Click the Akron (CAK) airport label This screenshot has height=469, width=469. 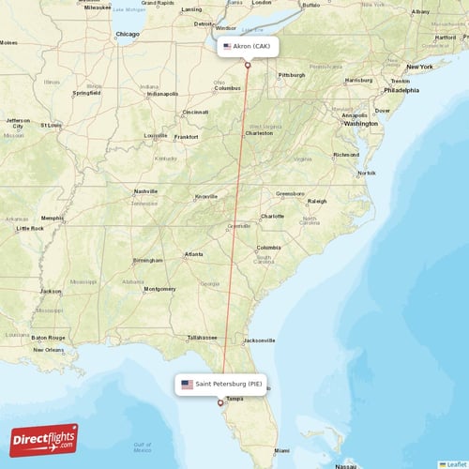[248, 45]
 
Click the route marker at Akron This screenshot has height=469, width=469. [248, 65]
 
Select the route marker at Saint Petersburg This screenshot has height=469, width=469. [220, 403]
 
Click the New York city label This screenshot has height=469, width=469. [419, 67]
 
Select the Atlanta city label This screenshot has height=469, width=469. [194, 253]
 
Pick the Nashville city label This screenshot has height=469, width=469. [145, 190]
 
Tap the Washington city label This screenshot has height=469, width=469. [360, 123]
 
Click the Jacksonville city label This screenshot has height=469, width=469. [260, 340]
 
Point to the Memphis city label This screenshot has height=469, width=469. [52, 218]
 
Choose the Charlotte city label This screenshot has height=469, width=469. [272, 216]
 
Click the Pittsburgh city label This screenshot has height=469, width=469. [292, 74]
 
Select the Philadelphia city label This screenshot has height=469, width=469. [401, 90]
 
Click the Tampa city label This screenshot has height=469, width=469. [234, 399]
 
